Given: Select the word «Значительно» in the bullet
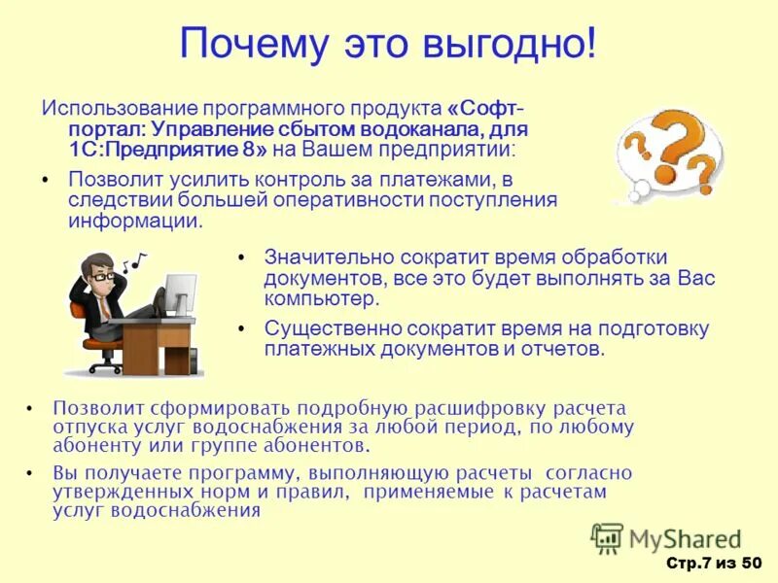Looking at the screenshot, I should click(x=323, y=257).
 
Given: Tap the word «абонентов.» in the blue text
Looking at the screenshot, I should click(x=323, y=447).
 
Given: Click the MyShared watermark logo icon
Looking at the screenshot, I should click(x=607, y=538).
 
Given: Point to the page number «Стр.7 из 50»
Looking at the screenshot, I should click(x=713, y=564).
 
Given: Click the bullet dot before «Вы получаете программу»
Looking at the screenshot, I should click(x=30, y=473).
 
